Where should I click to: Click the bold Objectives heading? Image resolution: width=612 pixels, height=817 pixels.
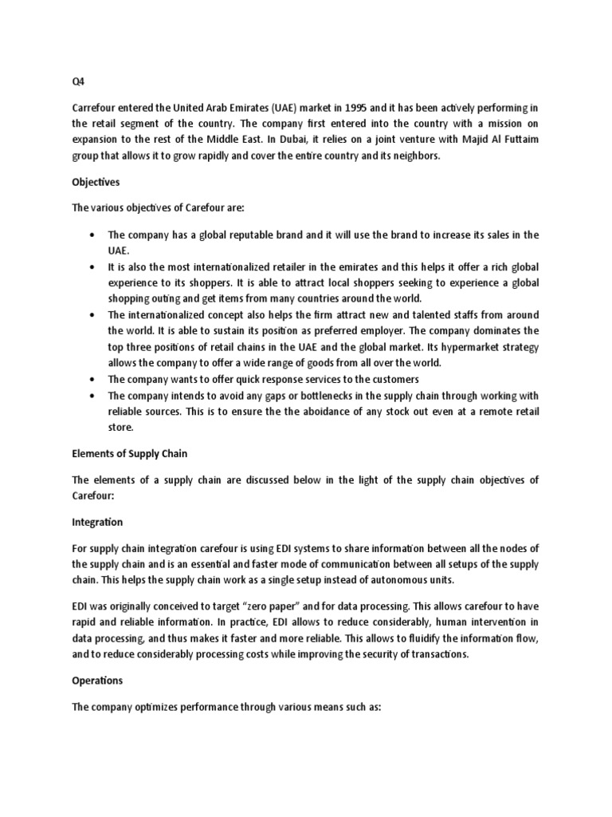[96, 182]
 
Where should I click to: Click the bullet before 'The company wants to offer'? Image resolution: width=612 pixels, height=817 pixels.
[95, 379]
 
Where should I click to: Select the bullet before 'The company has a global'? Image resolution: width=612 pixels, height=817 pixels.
[95, 235]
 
